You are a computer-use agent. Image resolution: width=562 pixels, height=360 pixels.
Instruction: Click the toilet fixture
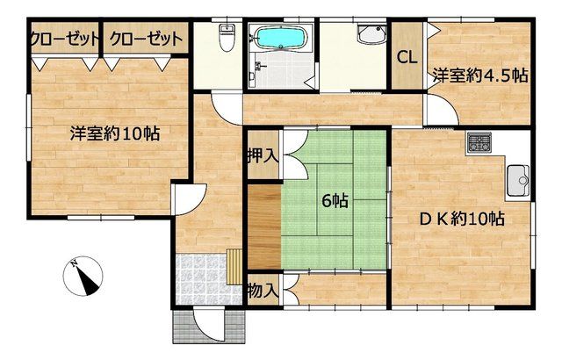coord(227,38)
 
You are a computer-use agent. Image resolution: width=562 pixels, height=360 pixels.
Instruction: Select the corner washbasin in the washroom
coord(371,34)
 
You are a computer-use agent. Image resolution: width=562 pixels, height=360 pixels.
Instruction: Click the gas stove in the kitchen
coord(479,141)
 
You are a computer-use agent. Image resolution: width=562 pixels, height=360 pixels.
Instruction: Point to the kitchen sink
coord(517,181)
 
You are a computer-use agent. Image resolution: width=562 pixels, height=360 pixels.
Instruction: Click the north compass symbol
coord(83,277)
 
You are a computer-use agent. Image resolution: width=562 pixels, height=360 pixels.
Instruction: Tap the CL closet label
coord(407,58)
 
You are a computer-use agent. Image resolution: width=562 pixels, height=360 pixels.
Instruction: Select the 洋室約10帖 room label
coord(115,133)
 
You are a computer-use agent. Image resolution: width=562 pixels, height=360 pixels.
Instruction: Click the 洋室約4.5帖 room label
coord(480,76)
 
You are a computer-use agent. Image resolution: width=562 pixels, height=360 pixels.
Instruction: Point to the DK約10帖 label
coord(463,218)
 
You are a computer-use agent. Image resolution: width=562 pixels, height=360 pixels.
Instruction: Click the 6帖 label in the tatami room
coord(335,201)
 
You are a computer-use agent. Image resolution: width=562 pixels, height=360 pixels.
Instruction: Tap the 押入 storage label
coord(263,155)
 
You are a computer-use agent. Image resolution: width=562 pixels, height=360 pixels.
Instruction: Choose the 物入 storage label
coord(263,291)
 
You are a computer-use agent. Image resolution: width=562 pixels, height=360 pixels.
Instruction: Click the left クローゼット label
coord(65,39)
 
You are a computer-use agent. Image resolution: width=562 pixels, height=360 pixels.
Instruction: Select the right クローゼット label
coord(147,39)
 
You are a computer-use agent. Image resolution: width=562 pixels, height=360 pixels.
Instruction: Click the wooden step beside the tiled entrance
coord(234,267)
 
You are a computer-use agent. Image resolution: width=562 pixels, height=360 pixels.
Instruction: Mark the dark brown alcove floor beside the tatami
coord(264,227)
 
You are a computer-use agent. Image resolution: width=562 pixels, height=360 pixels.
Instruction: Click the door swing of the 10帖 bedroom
coord(190,198)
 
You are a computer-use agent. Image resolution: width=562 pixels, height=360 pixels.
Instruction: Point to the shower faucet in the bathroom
coord(258,66)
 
